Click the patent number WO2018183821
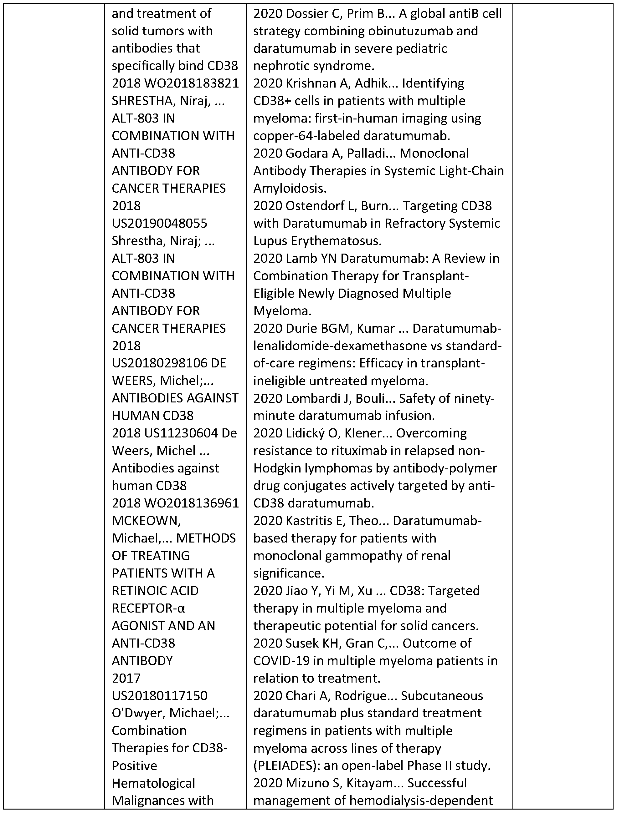[191, 83]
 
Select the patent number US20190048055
[159, 223]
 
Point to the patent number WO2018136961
[191, 503]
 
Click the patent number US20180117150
[159, 695]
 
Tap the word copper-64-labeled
[306, 136]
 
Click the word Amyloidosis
[290, 188]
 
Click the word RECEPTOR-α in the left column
[148, 608]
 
